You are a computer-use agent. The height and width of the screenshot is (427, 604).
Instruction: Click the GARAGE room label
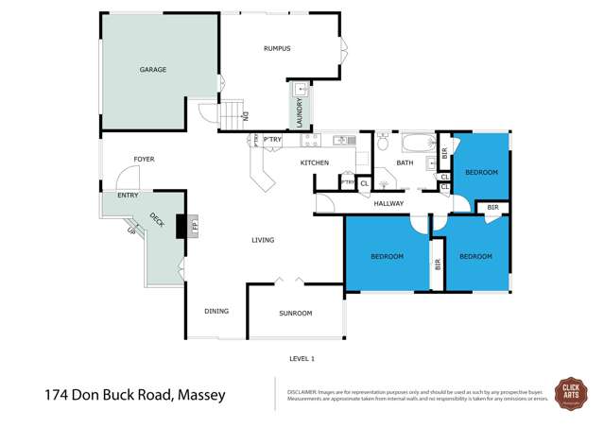click(x=153, y=70)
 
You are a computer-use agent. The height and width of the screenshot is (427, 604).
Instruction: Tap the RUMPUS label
click(x=276, y=48)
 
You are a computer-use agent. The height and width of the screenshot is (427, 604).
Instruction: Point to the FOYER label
click(x=144, y=159)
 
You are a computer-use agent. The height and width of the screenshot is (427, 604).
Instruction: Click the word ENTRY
click(x=128, y=196)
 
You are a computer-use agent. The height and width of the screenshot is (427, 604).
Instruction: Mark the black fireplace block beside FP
click(x=182, y=226)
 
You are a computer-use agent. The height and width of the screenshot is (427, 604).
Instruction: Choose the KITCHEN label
click(x=314, y=163)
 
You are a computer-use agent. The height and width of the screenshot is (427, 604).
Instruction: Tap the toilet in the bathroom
click(x=383, y=143)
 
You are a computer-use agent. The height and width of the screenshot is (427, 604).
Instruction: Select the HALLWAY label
click(x=388, y=203)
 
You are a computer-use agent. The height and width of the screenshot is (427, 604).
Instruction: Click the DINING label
click(x=216, y=311)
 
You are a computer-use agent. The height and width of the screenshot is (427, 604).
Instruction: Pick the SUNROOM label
click(x=295, y=313)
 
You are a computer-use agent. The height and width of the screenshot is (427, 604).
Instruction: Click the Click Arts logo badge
click(x=570, y=390)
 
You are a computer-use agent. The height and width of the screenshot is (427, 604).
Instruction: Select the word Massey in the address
click(x=199, y=395)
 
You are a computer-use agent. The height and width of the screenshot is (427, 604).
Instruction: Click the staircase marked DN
click(x=233, y=115)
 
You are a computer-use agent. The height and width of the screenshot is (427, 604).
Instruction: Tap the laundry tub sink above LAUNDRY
click(x=301, y=91)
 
